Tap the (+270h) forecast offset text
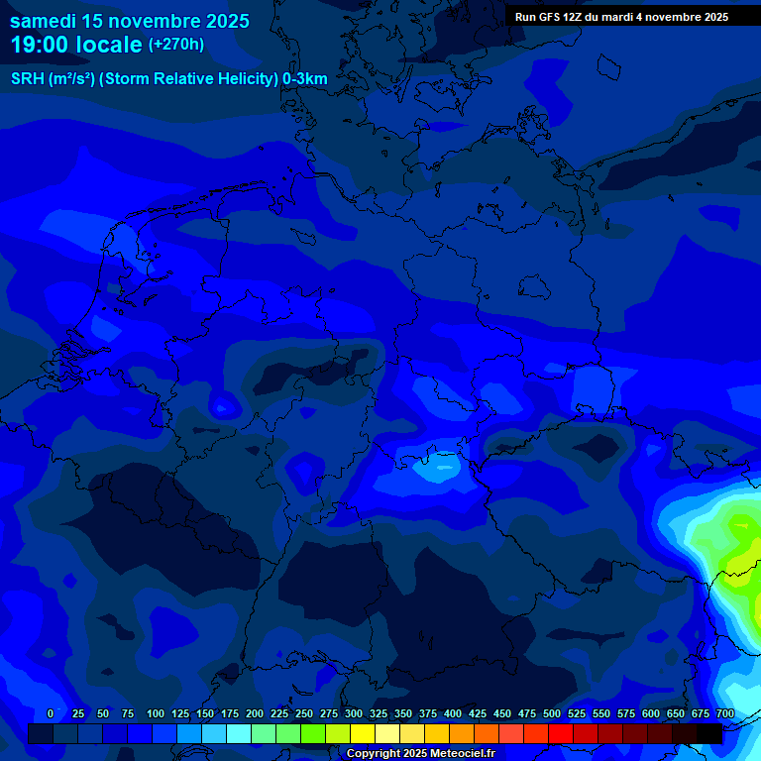coord(176,45)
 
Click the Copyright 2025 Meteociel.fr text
coord(420,754)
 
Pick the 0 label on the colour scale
coord(51,714)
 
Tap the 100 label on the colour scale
coord(156,714)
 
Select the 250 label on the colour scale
coord(304,714)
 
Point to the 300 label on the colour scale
coord(354,714)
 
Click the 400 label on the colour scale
coord(453,714)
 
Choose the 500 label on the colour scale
coord(552,714)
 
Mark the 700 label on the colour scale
coord(725,714)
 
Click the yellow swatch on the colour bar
coord(364,733)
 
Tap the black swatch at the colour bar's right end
coord(709,733)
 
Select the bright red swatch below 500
coord(561,733)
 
